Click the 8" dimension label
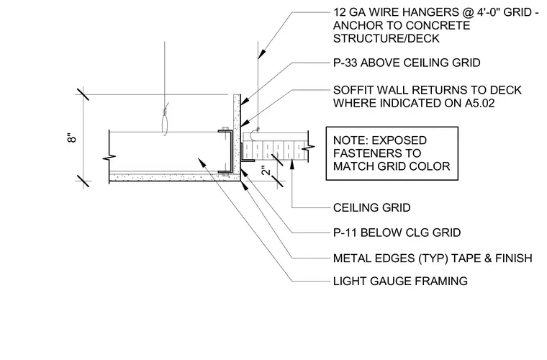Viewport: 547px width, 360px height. click(x=71, y=138)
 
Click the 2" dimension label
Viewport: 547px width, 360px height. click(x=266, y=170)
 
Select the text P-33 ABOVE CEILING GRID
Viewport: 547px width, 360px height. click(x=407, y=63)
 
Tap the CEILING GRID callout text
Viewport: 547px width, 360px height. click(x=372, y=208)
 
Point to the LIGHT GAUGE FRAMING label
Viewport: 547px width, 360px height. click(x=400, y=282)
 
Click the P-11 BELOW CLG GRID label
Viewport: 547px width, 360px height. click(x=397, y=233)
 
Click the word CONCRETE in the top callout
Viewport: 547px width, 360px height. click(x=438, y=25)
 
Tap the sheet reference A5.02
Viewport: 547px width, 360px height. click(x=479, y=103)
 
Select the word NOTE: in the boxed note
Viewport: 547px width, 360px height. click(x=349, y=140)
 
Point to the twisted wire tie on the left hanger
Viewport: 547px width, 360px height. click(x=166, y=112)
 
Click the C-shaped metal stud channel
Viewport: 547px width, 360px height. click(x=226, y=151)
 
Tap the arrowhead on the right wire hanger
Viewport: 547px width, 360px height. click(x=261, y=53)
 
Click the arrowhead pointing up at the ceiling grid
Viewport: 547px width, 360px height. click(x=292, y=163)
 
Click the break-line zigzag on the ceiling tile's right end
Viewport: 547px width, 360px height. click(x=308, y=147)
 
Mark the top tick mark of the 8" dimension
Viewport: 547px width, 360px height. click(x=83, y=94)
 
